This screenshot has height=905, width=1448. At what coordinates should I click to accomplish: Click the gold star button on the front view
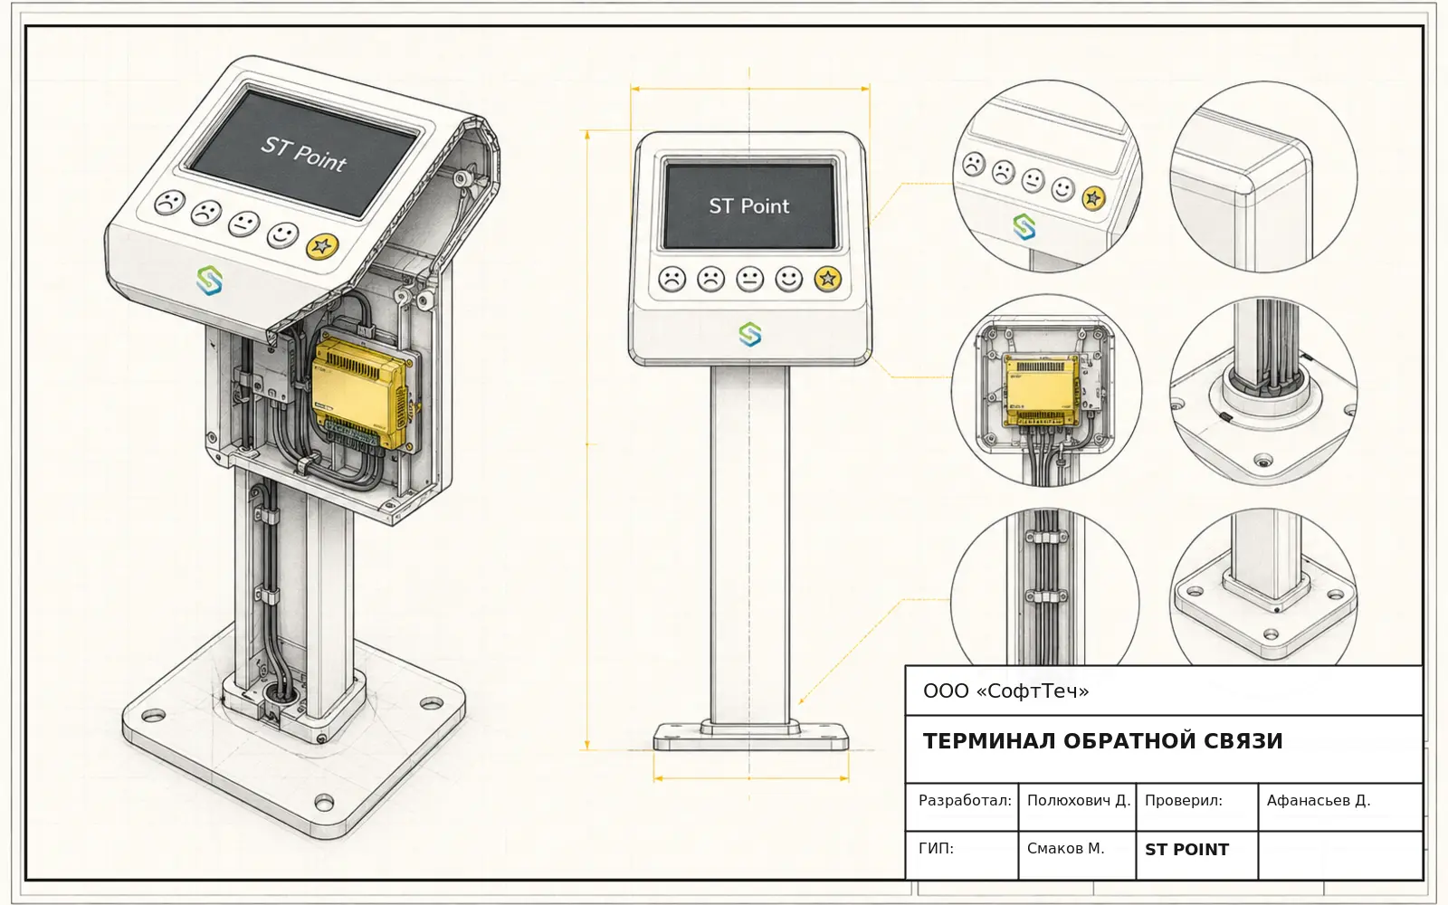827,280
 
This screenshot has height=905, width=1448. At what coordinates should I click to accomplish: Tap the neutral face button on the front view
750,280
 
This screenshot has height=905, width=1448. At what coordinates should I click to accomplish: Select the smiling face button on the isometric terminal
282,234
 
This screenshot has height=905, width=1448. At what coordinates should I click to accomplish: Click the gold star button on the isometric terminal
321,245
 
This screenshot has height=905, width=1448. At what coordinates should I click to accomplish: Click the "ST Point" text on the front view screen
749,206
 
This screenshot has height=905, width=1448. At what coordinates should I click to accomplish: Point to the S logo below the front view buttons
750,334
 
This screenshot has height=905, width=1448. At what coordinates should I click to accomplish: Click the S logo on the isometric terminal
209,281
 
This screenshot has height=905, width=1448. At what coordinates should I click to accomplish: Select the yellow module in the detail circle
1042,390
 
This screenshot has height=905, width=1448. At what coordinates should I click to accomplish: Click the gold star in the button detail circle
1094,198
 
